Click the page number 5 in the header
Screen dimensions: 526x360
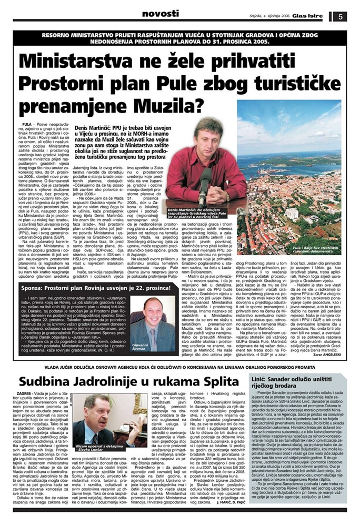pos(341,16)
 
